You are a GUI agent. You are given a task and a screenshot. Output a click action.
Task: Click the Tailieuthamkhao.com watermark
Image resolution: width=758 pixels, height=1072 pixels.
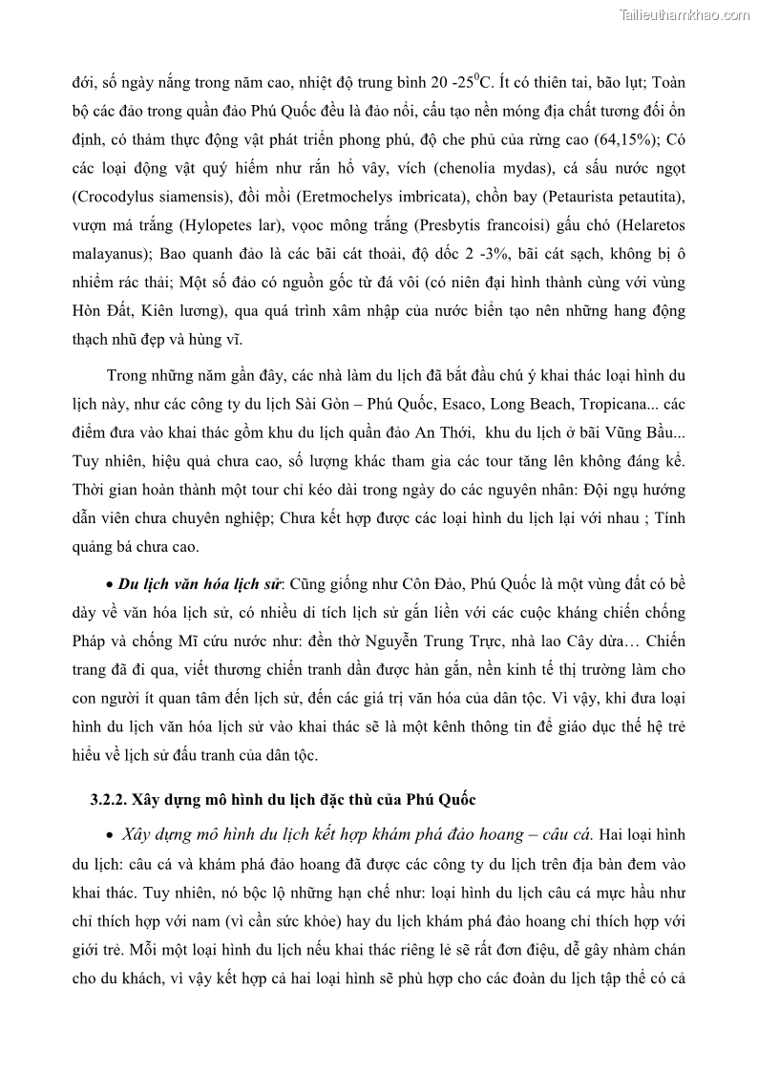pos(684,14)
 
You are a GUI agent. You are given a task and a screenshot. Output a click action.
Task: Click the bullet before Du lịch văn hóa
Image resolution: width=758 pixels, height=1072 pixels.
pos(109,583)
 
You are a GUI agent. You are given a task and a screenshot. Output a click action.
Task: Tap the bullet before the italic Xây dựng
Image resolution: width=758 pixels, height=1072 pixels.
pos(109,835)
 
